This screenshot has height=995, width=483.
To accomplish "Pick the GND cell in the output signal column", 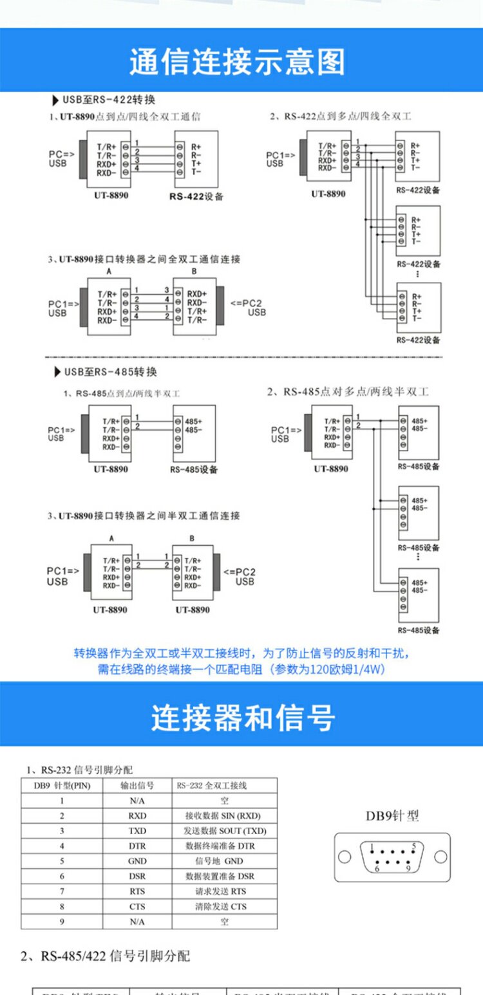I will [137, 861].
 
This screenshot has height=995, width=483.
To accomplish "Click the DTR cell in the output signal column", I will [137, 846].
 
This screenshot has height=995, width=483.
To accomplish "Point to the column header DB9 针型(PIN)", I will [62, 785].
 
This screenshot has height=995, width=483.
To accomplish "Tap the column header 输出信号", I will [137, 785].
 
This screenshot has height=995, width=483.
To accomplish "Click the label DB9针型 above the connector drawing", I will [392, 816].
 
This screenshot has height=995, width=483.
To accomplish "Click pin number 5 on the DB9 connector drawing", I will [413, 846].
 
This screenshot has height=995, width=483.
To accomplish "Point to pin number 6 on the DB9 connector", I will [368, 869].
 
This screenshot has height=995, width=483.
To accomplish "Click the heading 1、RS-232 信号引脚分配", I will [80, 770].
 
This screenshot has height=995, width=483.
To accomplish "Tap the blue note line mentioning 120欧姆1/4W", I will [241, 669].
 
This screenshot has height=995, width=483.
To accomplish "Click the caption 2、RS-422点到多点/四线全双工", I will [340, 116].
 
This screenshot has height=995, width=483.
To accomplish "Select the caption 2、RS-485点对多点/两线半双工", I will [348, 391].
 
